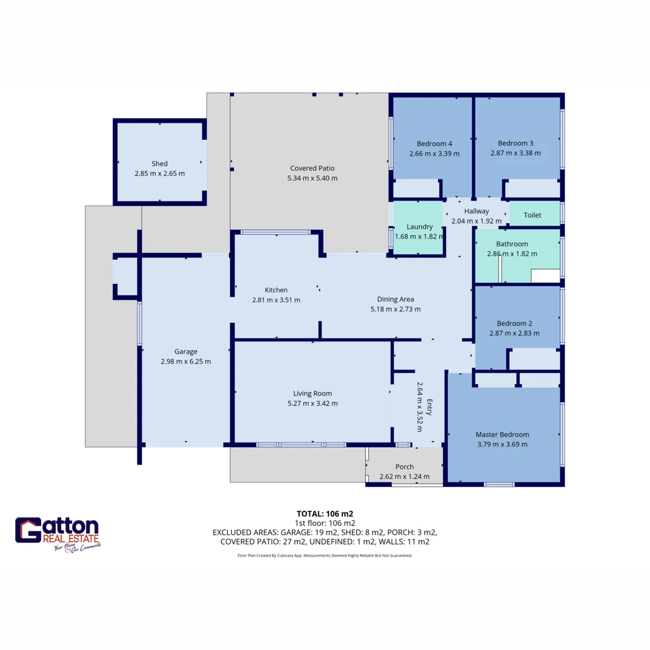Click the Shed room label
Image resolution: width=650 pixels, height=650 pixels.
pyautogui.click(x=159, y=163)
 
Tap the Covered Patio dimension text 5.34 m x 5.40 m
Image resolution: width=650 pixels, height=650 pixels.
pyautogui.click(x=312, y=178)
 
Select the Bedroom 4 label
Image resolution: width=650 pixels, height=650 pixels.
pyautogui.click(x=434, y=143)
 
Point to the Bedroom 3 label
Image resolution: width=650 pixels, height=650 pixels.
pyautogui.click(x=515, y=143)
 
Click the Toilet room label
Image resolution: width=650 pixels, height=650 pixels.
pyautogui.click(x=532, y=215)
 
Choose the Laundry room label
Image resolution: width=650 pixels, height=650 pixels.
pyautogui.click(x=419, y=226)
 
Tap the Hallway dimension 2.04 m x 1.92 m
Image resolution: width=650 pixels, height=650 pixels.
pyautogui.click(x=476, y=221)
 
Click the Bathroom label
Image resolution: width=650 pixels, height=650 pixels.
pyautogui.click(x=512, y=244)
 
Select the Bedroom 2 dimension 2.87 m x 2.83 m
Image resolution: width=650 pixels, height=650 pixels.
pyautogui.click(x=515, y=333)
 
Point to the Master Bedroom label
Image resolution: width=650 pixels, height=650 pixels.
pyautogui.click(x=502, y=435)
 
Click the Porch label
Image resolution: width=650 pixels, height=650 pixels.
pyautogui.click(x=404, y=466)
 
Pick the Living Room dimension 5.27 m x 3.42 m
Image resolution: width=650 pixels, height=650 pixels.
pyautogui.click(x=312, y=403)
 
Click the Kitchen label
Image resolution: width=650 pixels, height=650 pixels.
pyautogui.click(x=276, y=289)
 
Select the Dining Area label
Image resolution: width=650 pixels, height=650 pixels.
pyautogui.click(x=395, y=299)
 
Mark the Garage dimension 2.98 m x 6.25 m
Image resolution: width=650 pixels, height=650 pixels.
pyautogui.click(x=186, y=362)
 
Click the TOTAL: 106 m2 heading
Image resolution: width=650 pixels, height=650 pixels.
pyautogui.click(x=325, y=513)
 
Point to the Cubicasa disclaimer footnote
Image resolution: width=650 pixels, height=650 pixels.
pyautogui.click(x=325, y=556)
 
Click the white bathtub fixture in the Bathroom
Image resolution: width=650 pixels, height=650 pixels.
pyautogui.click(x=545, y=276)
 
